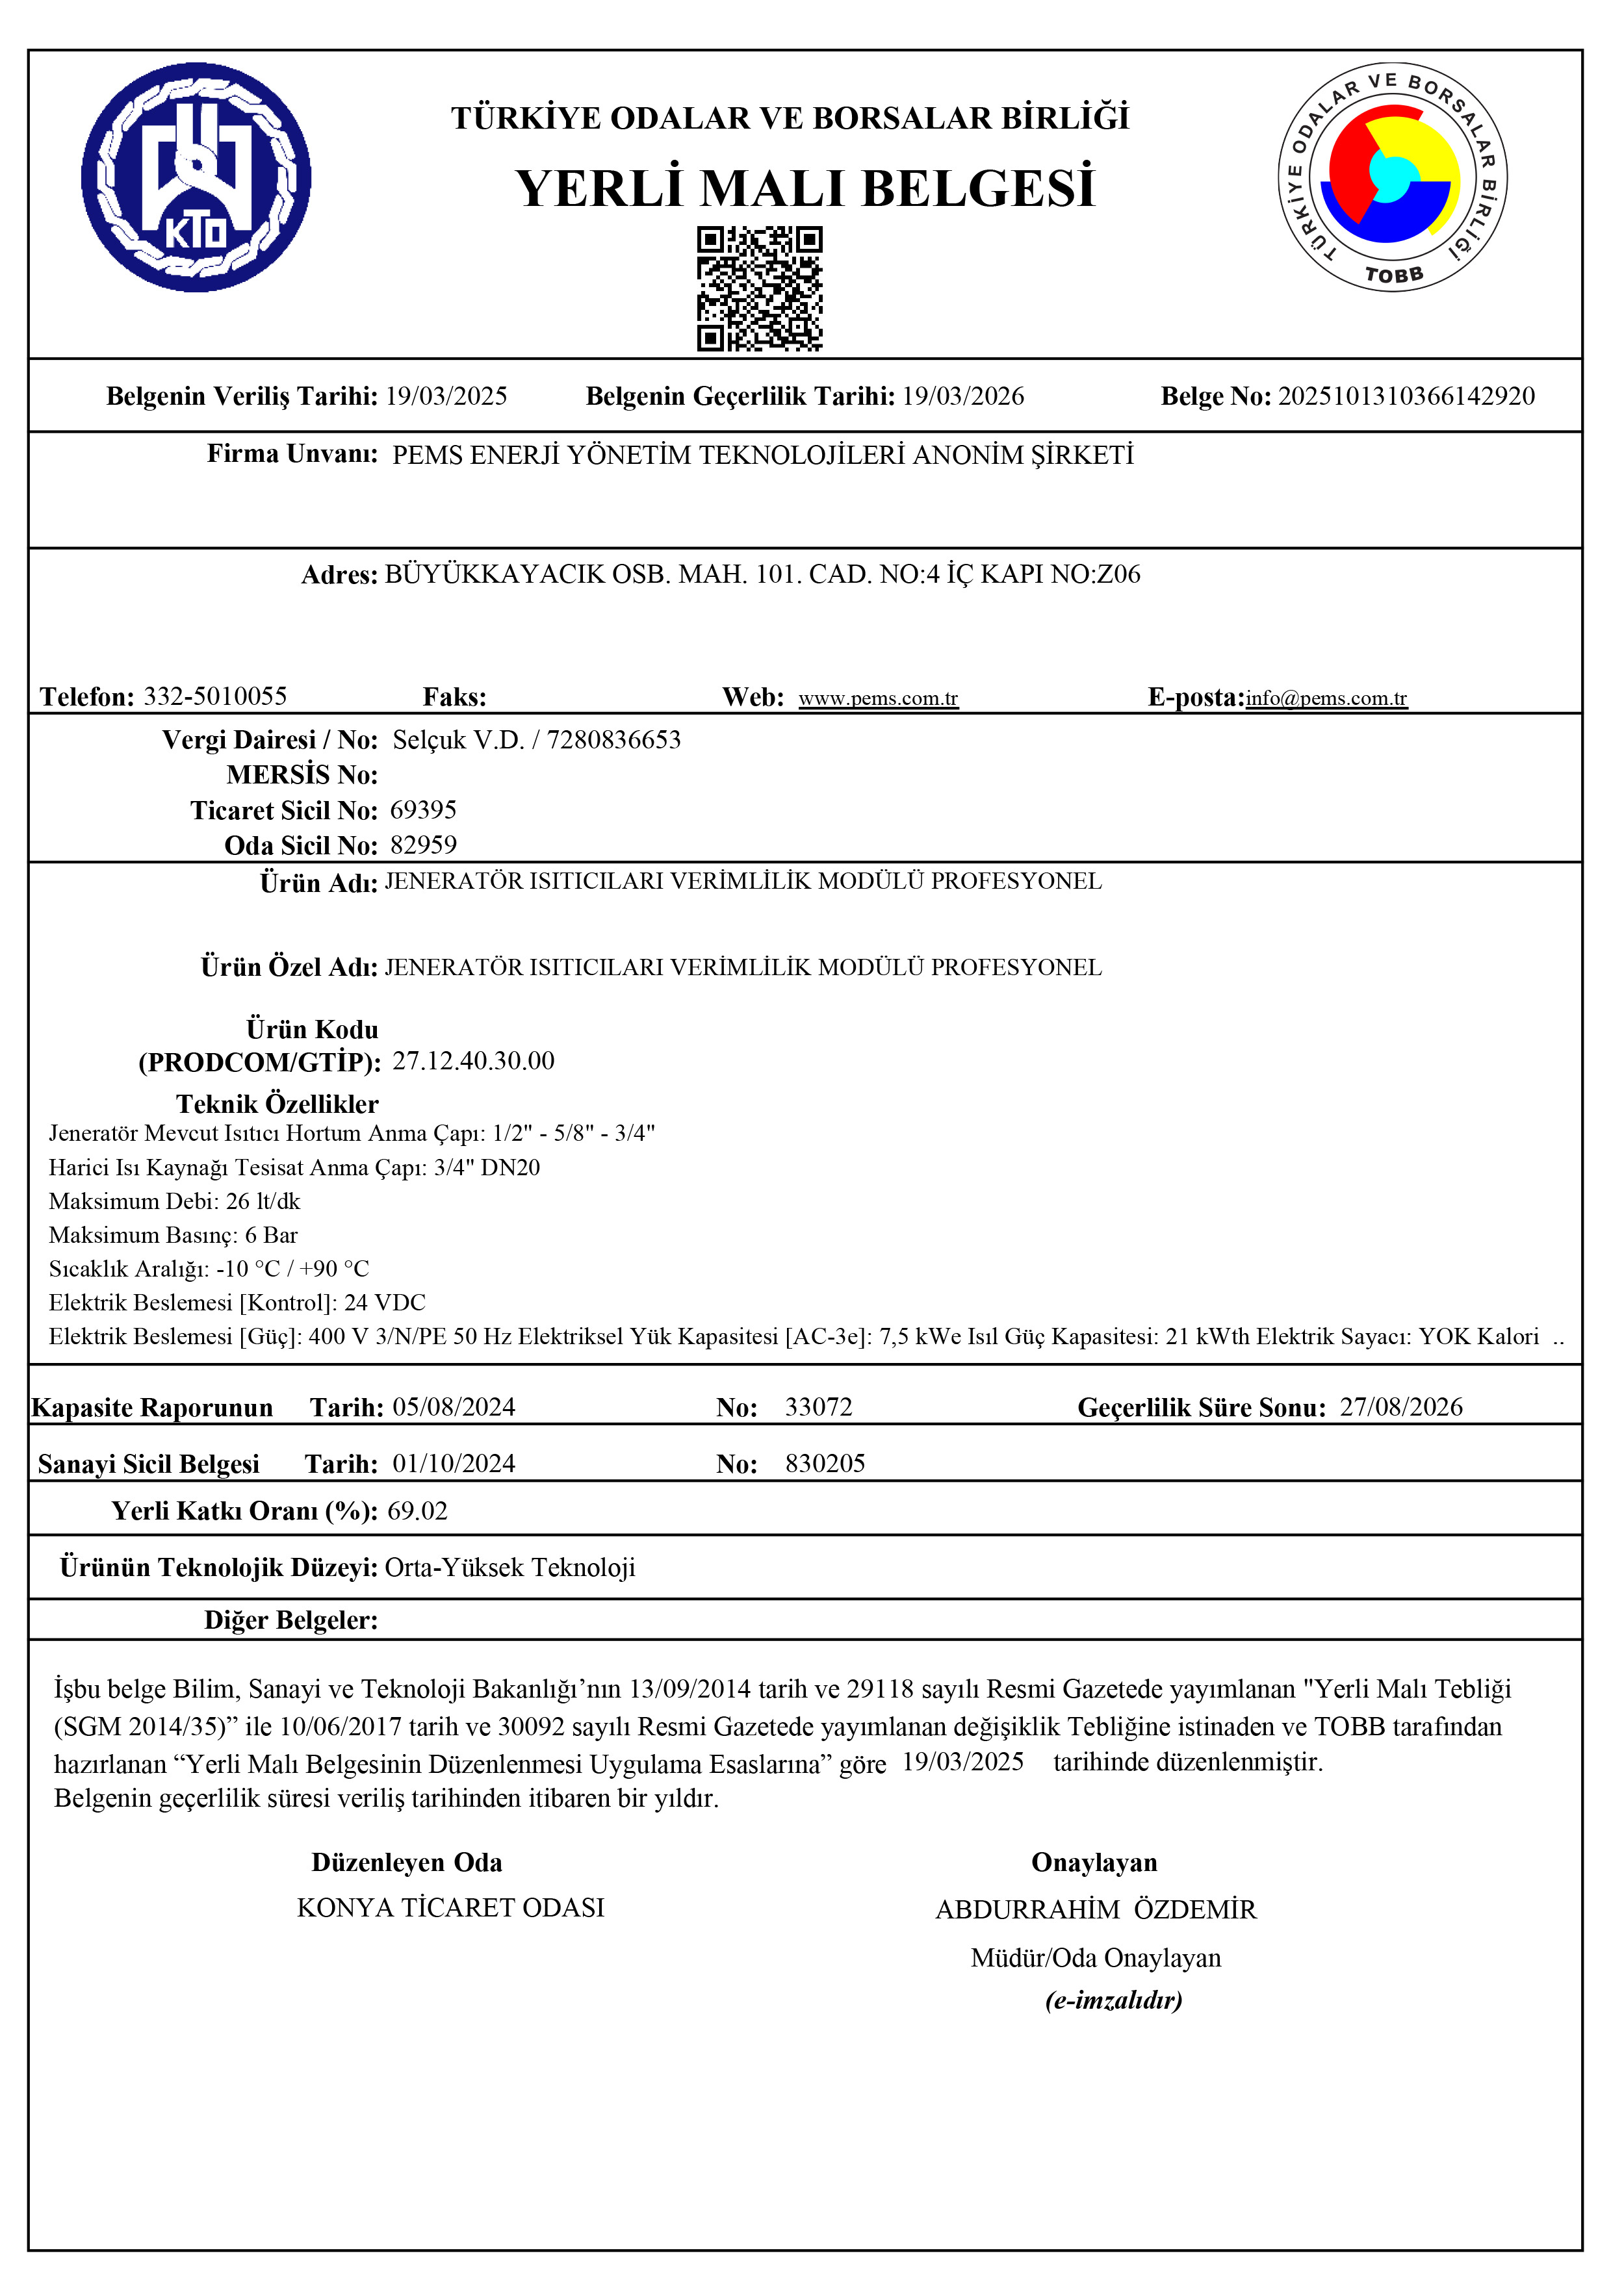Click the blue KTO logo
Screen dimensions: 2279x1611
click(x=196, y=177)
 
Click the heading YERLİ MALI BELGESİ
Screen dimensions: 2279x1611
click(x=805, y=188)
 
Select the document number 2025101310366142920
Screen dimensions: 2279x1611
click(x=1406, y=397)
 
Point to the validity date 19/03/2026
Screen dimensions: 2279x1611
click(x=963, y=397)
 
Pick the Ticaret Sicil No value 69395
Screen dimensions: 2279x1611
click(x=423, y=811)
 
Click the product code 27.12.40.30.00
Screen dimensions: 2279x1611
click(x=474, y=1061)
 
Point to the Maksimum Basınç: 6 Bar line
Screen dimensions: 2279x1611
click(x=174, y=1236)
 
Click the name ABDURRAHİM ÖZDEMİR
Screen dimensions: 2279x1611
click(x=1095, y=1910)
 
